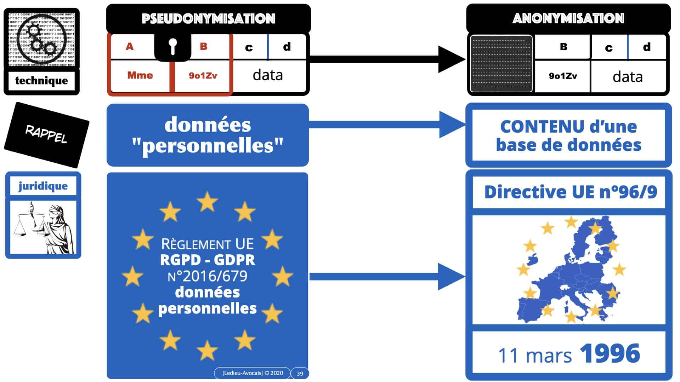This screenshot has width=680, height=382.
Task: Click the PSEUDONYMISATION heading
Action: [208, 19]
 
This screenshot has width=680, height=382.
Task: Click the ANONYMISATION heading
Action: [568, 18]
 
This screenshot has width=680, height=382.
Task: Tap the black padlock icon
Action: [172, 46]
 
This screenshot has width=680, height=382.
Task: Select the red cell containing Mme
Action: [140, 75]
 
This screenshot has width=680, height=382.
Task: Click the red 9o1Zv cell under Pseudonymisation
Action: [203, 75]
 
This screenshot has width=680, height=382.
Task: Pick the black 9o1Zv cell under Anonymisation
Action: [562, 76]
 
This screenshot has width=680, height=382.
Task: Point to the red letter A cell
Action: [130, 46]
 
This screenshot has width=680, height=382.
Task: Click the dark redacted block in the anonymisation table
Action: [501, 64]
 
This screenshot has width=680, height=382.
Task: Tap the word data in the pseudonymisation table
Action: [268, 75]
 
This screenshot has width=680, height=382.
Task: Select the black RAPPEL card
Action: [46, 135]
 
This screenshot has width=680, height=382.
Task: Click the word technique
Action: [41, 81]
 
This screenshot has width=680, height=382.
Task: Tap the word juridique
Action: [43, 186]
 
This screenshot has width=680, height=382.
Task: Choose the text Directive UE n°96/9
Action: [570, 192]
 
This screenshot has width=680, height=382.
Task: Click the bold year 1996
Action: [610, 354]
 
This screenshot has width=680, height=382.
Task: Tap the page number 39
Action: [300, 374]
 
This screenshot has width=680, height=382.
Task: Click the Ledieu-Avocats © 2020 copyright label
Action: [253, 373]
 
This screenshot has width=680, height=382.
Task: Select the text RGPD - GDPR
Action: [208, 260]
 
